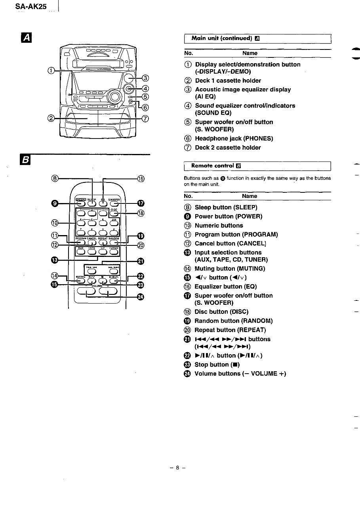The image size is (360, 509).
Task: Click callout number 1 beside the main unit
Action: [50, 70]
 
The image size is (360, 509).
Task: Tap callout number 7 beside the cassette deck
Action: [145, 118]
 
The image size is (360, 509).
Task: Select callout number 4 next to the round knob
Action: [145, 88]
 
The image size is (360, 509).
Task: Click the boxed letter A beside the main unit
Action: [26, 38]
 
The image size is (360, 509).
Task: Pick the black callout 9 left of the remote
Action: [55, 203]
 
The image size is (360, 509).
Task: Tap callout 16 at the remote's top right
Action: [141, 179]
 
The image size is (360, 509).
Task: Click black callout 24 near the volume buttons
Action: [140, 297]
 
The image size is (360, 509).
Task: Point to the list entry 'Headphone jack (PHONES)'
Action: [234, 139]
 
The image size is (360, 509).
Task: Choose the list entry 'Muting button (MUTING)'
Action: [230, 269]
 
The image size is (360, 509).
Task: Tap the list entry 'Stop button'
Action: [217, 365]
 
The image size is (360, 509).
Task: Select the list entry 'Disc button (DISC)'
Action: [221, 312]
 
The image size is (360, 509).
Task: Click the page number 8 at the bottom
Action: [178, 467]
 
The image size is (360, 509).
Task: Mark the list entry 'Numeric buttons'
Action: [219, 226]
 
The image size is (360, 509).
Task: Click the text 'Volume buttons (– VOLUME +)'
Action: [240, 374]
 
